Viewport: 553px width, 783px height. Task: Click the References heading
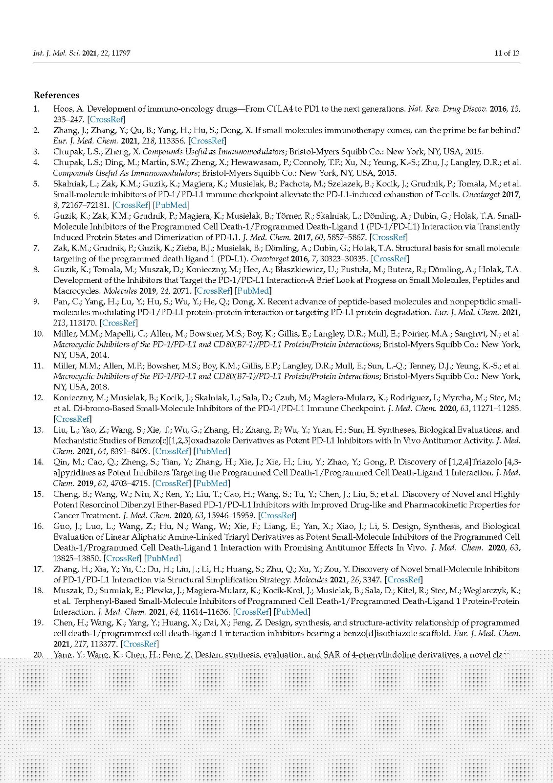(56, 95)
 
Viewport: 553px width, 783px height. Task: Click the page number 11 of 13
(507, 53)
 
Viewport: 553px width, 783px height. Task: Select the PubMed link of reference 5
(171, 205)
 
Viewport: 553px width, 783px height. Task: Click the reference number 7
(36, 248)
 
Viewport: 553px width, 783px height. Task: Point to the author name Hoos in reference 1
(64, 109)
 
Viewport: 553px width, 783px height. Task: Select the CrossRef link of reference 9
(119, 323)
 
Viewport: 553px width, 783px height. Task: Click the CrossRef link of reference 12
(73, 419)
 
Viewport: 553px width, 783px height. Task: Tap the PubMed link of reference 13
(211, 451)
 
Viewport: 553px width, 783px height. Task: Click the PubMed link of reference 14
(211, 484)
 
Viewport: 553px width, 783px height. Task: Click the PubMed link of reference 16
(163, 558)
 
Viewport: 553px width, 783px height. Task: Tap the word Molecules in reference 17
(311, 580)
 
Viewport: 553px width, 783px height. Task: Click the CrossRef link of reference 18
(252, 612)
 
